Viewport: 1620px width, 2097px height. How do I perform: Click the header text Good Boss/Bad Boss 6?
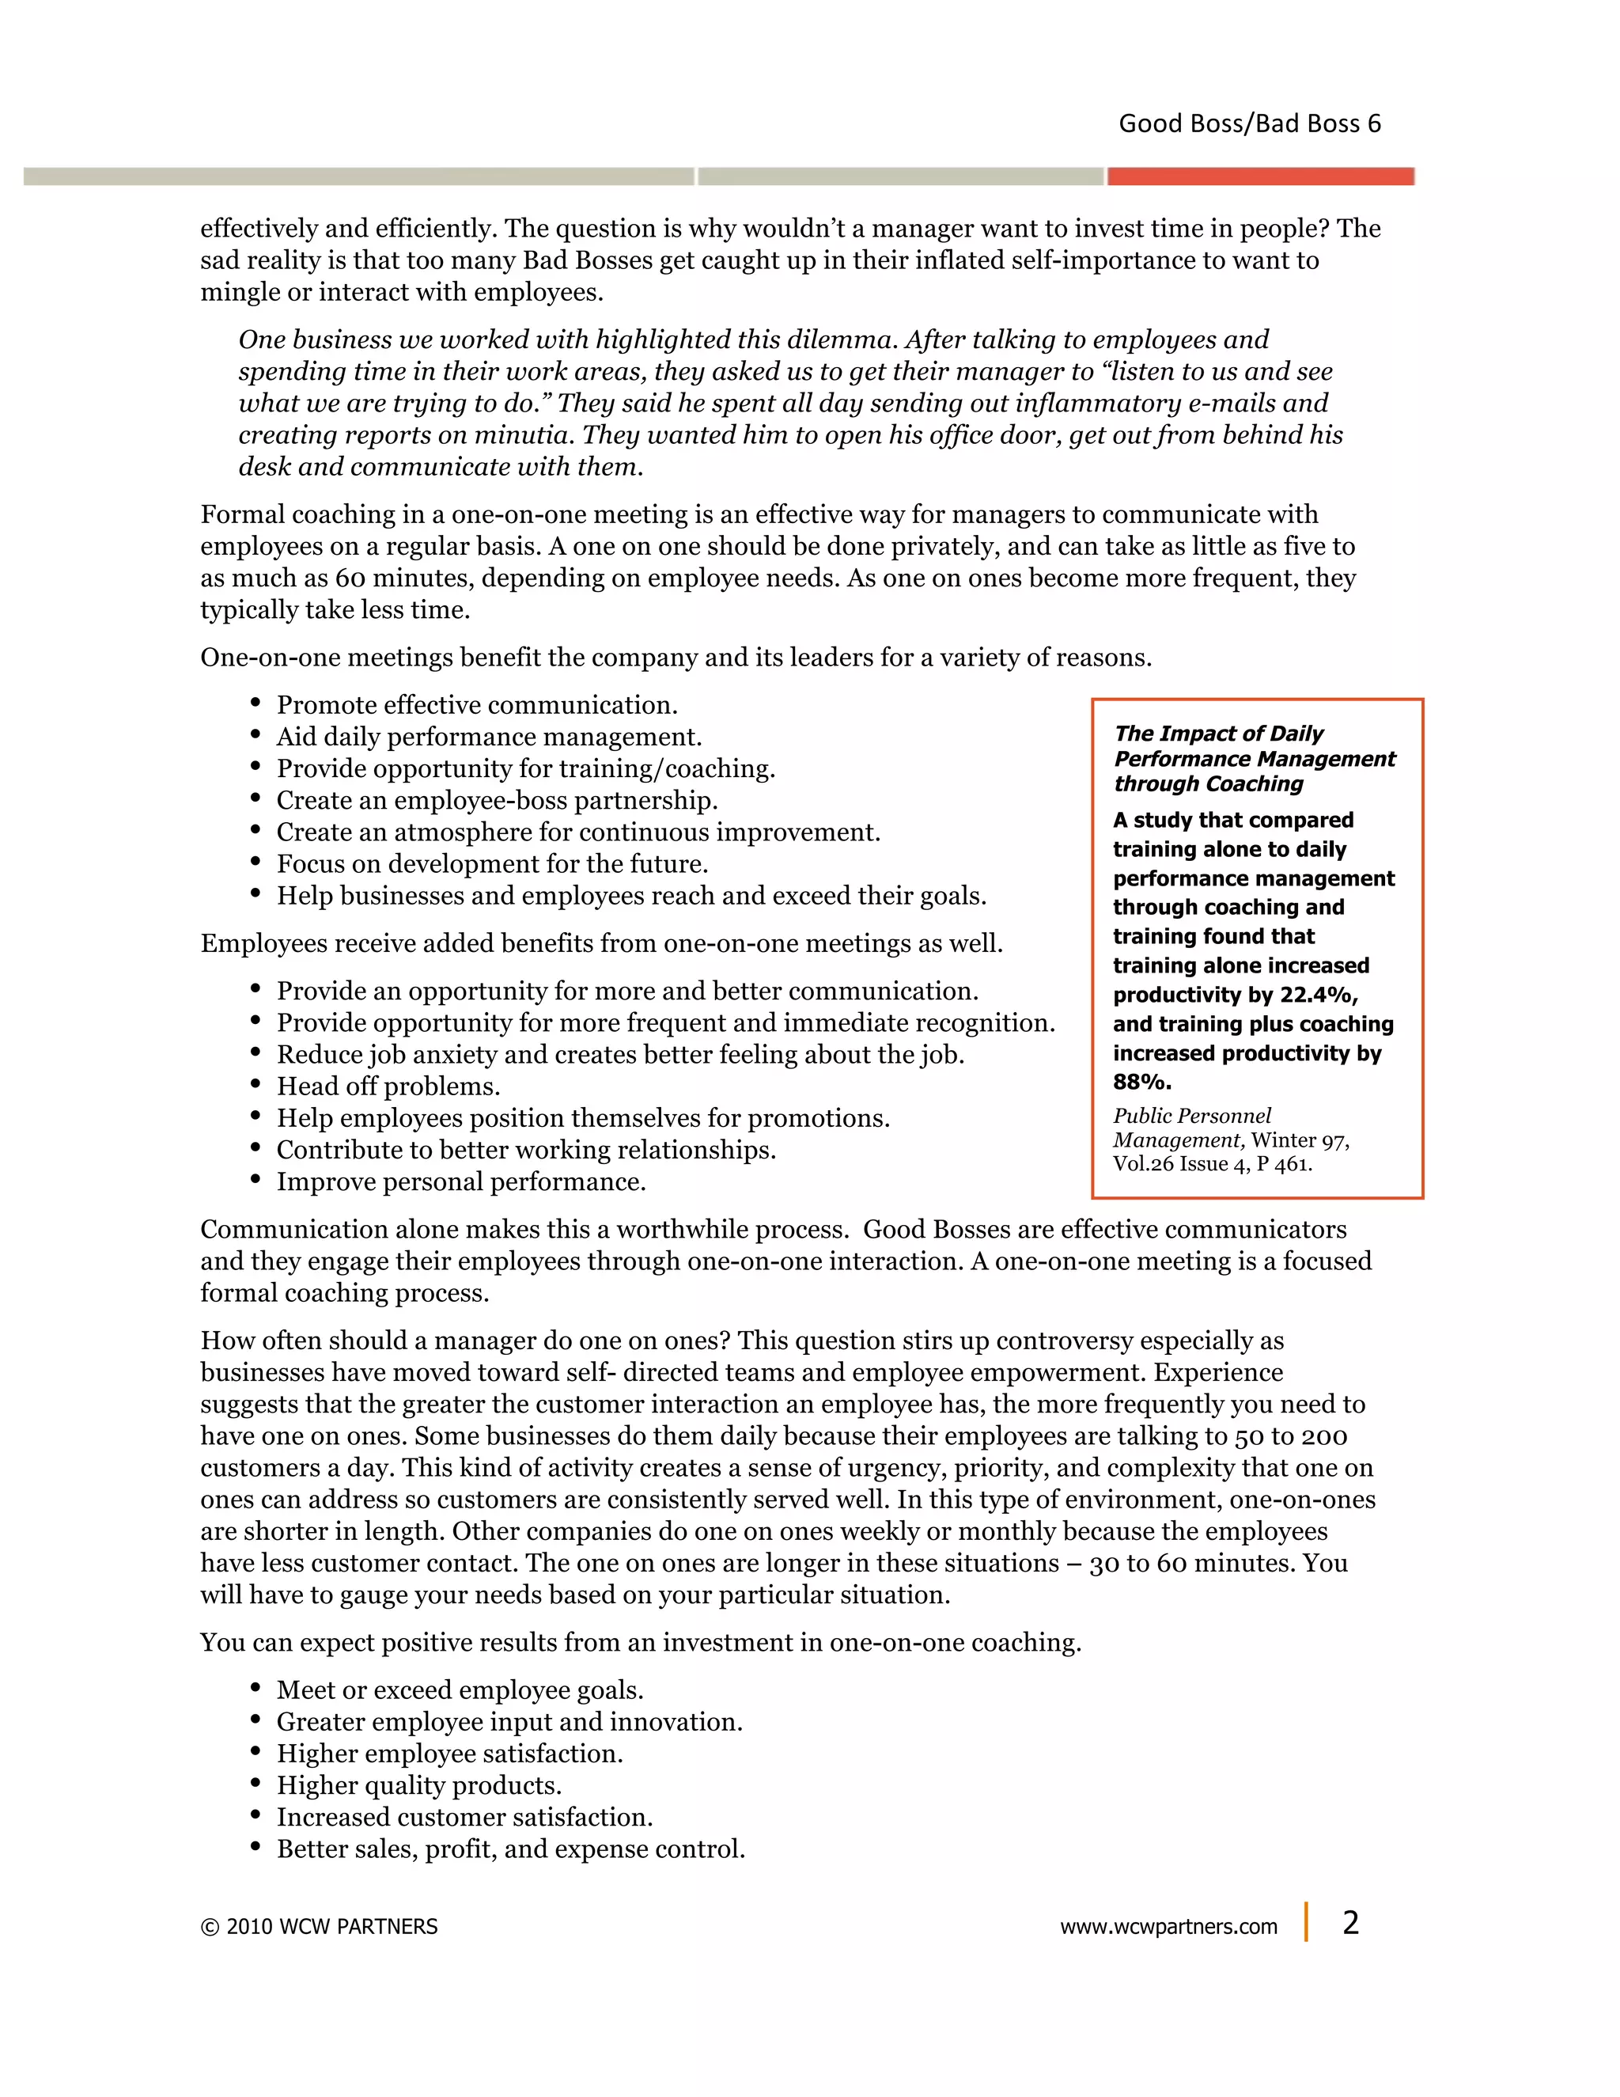tap(1250, 124)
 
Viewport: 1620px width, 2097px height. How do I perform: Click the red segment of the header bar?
tap(1260, 176)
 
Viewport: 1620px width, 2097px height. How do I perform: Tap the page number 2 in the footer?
tap(1350, 1922)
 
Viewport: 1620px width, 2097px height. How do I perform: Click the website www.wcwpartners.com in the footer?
tap(1168, 1927)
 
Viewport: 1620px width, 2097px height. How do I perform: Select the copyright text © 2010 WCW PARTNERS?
tap(319, 1927)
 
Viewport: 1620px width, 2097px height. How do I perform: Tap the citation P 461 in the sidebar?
tap(1284, 1164)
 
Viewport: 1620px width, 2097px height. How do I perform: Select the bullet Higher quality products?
tap(418, 1785)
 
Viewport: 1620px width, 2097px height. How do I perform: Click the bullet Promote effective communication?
tap(477, 705)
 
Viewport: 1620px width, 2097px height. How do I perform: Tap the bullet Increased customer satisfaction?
tap(464, 1817)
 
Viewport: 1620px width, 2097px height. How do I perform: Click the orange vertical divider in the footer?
tap(1306, 1922)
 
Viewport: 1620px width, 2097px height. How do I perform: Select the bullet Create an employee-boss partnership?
tap(497, 800)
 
